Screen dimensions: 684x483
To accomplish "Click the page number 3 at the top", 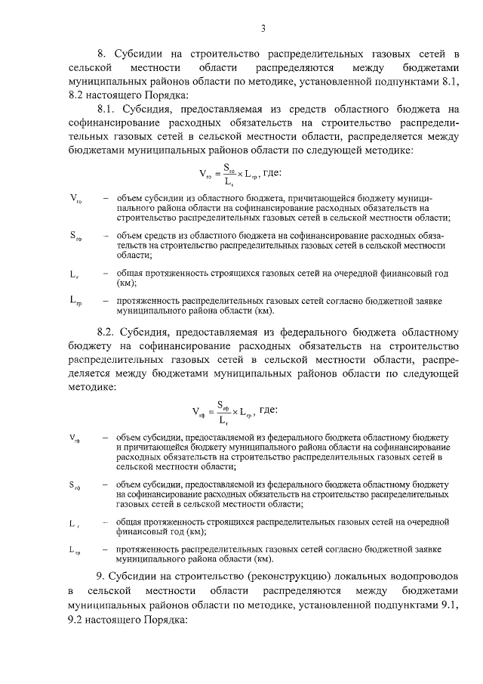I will [x=263, y=29].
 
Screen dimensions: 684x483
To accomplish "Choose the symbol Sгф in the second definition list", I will [x=75, y=484].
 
